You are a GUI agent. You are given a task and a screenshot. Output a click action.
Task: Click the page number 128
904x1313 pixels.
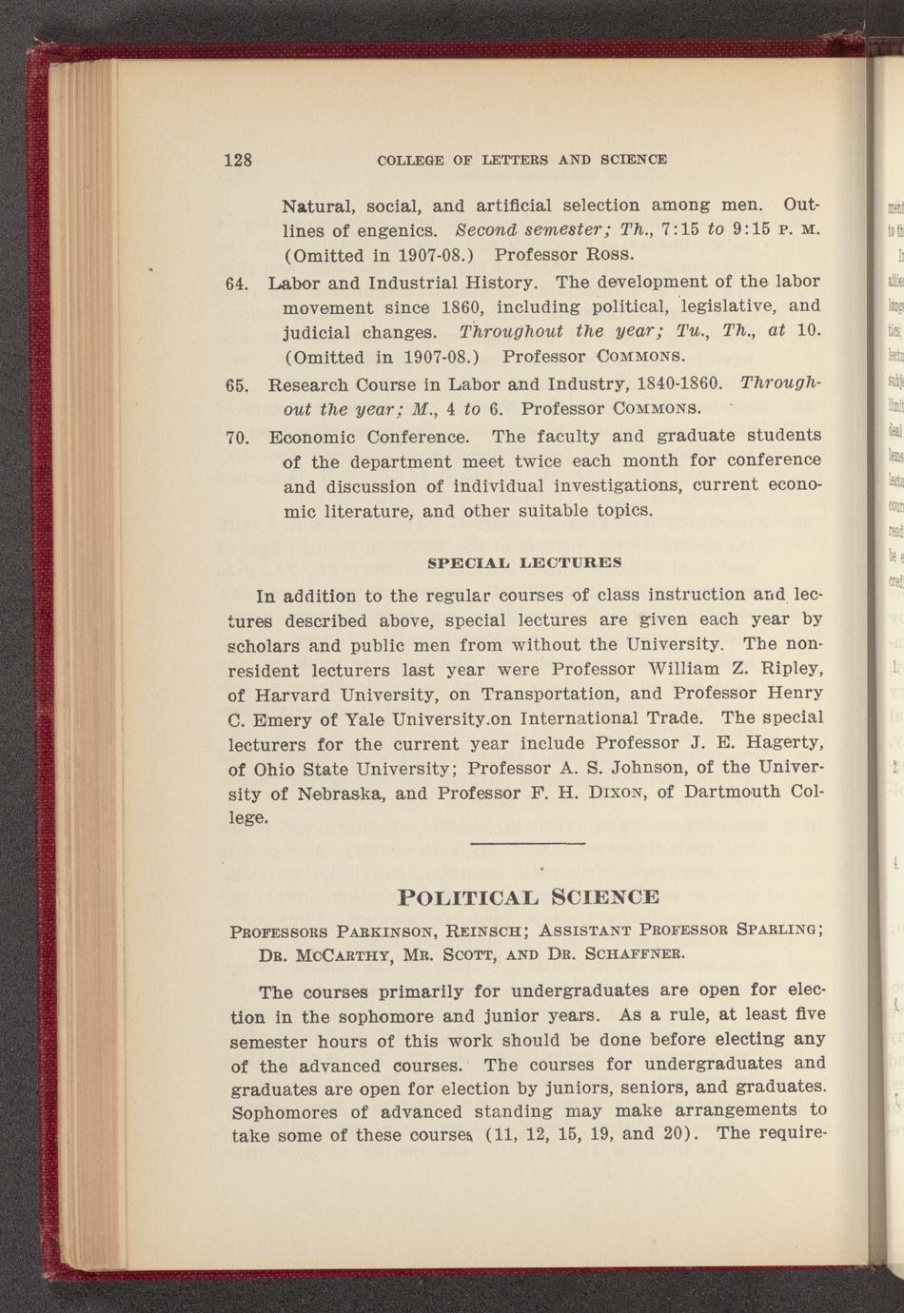coord(238,160)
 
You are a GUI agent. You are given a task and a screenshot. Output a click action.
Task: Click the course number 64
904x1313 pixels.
coord(237,284)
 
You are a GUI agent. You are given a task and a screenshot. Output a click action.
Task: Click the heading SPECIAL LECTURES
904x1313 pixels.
coord(524,563)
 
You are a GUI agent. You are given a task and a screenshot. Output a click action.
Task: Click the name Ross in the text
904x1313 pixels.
coord(598,255)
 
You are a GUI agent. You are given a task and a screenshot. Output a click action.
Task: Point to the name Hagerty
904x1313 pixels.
coord(773,742)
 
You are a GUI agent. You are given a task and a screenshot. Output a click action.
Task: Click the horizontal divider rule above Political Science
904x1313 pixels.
coord(527,844)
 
